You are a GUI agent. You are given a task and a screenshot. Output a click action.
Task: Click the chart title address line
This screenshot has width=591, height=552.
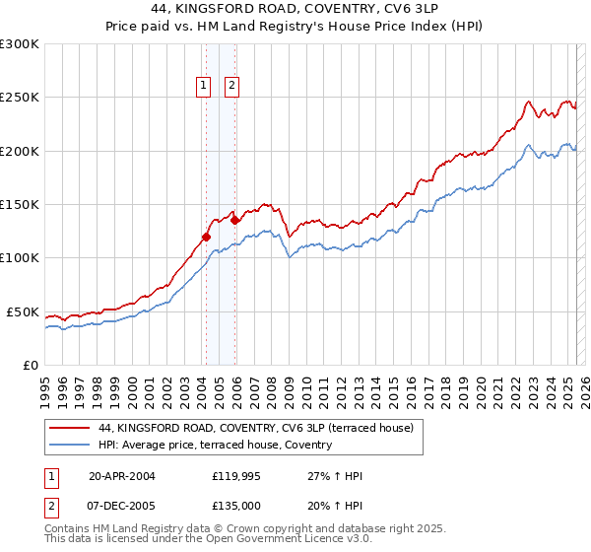(x=295, y=10)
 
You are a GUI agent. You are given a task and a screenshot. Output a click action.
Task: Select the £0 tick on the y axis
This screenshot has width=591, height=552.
(x=30, y=365)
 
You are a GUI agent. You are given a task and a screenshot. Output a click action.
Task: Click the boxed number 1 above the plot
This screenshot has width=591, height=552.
(x=204, y=86)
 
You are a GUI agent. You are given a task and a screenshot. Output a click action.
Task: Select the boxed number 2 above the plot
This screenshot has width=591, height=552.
(x=232, y=86)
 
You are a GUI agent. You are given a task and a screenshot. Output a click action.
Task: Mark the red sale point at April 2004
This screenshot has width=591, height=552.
(x=206, y=237)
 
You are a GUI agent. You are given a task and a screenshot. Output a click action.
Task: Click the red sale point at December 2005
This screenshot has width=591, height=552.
(x=235, y=221)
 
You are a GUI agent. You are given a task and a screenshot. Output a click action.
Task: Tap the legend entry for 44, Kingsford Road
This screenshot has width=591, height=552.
(x=261, y=428)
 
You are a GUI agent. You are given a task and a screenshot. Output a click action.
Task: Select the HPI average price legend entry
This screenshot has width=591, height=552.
(x=215, y=445)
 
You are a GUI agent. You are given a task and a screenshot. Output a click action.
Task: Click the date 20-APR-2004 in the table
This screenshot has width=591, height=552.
(x=122, y=476)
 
